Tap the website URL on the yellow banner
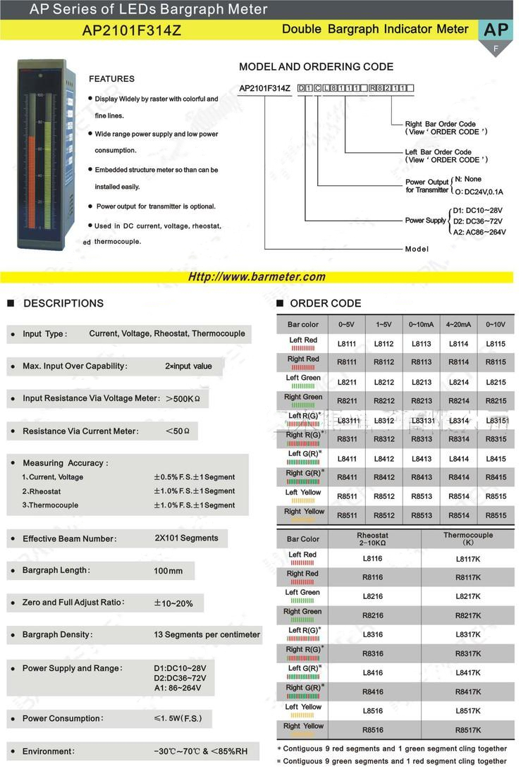click(x=257, y=277)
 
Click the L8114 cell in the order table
click(x=459, y=344)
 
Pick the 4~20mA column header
click(x=459, y=325)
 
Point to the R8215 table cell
click(x=496, y=401)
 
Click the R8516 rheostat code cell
click(x=372, y=730)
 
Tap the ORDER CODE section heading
click(x=325, y=304)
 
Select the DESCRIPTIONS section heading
click(x=63, y=304)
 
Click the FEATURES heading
click(x=111, y=79)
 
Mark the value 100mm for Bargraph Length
click(x=168, y=571)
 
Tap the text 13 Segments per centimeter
click(x=207, y=635)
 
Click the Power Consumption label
click(x=62, y=719)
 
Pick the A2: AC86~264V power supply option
click(x=479, y=232)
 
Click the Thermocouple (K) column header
click(x=468, y=539)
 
